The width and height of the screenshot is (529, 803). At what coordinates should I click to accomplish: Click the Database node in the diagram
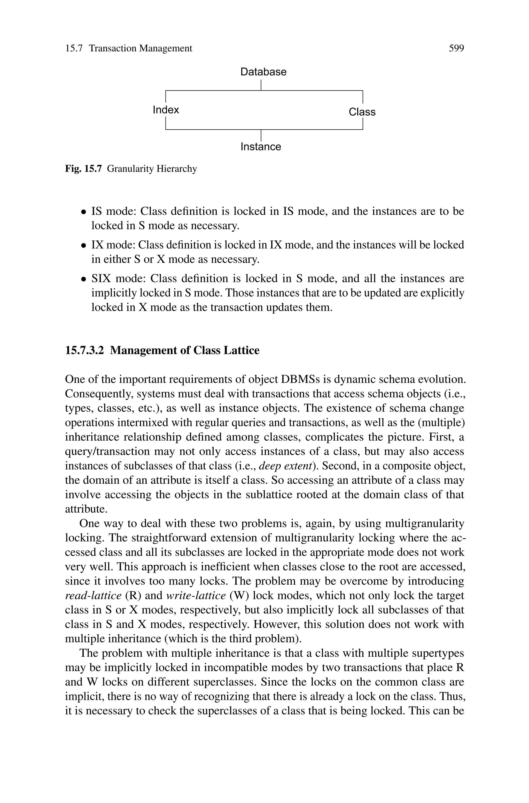(x=263, y=72)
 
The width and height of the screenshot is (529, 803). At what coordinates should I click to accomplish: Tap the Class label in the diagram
(x=362, y=112)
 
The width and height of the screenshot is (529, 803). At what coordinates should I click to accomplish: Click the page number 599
(x=456, y=48)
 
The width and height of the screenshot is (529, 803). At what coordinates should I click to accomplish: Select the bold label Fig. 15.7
(x=83, y=169)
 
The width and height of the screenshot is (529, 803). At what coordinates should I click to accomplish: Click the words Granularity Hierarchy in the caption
(x=152, y=169)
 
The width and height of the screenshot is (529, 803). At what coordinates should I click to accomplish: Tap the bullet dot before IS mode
(x=83, y=212)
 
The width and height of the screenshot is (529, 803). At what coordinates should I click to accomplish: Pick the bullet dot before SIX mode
(x=83, y=279)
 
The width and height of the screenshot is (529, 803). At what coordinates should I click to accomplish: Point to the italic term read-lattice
(x=93, y=595)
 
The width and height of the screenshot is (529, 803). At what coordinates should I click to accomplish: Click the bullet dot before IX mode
(x=83, y=245)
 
